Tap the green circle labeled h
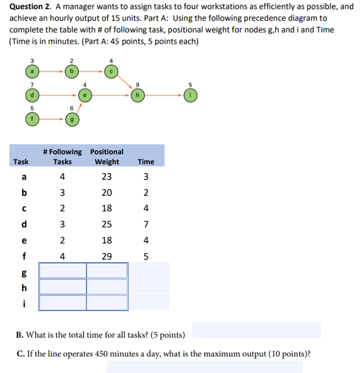[x=138, y=95]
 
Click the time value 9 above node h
[x=138, y=84]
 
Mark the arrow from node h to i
[x=165, y=95]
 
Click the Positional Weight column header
[x=106, y=156]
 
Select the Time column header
[x=146, y=162]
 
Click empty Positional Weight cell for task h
[x=107, y=286]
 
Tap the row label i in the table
[x=23, y=302]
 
